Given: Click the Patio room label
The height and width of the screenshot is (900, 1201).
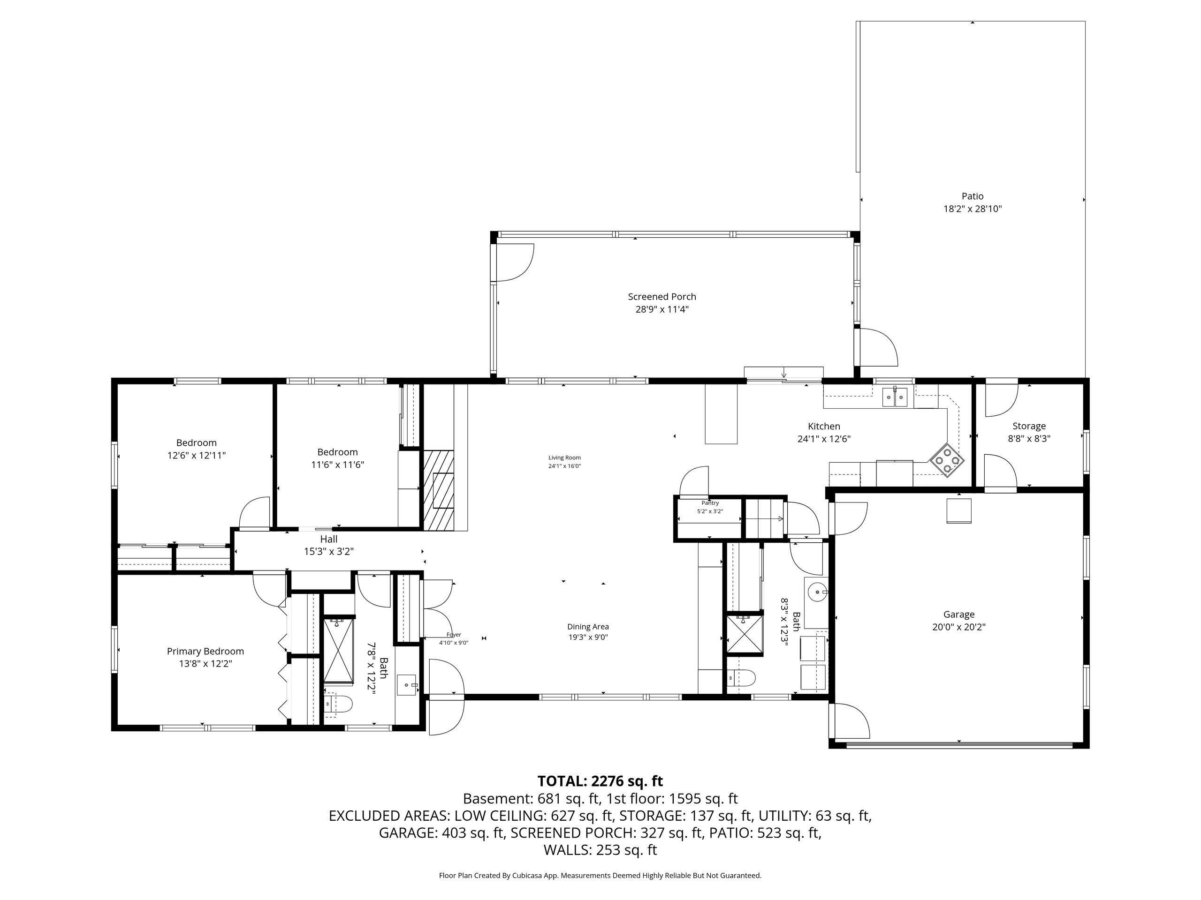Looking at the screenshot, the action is click(973, 196).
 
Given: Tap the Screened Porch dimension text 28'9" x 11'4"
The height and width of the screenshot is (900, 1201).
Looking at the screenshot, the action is click(662, 310).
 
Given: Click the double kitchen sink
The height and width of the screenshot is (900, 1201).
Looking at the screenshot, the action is click(895, 397).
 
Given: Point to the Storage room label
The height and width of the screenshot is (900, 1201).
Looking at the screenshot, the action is click(1029, 427).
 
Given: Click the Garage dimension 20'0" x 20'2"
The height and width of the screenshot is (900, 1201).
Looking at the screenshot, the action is click(959, 627).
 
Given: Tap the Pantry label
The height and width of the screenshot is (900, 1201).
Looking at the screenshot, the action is click(710, 503).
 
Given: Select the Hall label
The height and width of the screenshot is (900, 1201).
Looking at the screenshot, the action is click(328, 539).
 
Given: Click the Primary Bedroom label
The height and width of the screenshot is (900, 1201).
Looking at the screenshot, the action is click(205, 652).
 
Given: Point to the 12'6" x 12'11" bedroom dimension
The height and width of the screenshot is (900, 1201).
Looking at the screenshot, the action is click(197, 456).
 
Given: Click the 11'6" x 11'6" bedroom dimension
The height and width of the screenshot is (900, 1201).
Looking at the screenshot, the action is click(338, 465).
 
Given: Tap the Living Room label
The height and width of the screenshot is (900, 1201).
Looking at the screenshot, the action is click(565, 458).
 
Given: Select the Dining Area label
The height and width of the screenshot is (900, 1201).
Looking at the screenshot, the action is click(588, 627).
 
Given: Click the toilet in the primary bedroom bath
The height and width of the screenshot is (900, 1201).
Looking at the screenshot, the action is click(338, 704).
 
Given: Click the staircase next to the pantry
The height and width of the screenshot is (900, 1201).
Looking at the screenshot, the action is click(764, 518).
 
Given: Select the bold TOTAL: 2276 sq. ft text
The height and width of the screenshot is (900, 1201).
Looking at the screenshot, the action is click(600, 781).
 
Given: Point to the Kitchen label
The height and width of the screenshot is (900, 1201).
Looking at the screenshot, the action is click(824, 427).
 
